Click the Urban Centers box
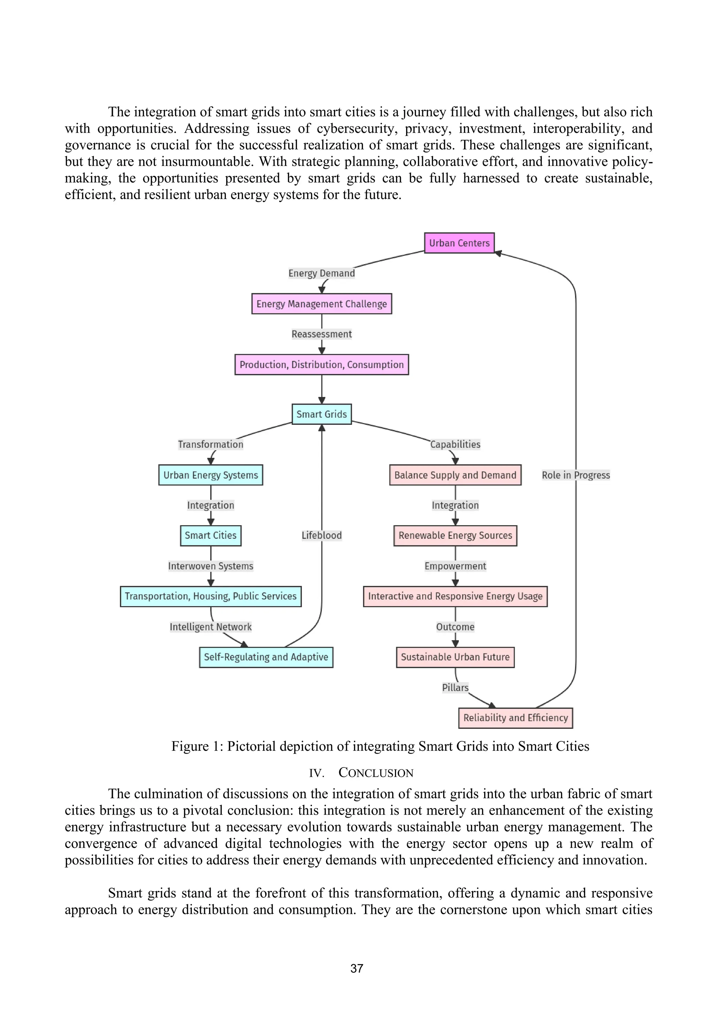tap(459, 243)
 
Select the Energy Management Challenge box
tap(321, 304)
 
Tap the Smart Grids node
tap(321, 414)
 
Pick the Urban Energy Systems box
tap(211, 475)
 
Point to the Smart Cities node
tap(211, 535)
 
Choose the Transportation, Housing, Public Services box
tap(211, 596)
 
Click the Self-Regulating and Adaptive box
tap(266, 657)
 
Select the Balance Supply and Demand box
tap(455, 475)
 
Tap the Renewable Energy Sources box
tap(455, 535)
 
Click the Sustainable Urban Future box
tap(455, 657)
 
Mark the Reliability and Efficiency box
tap(515, 718)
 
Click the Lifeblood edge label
tap(321, 535)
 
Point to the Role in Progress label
tap(576, 475)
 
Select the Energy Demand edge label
tap(321, 273)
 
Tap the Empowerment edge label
tap(455, 566)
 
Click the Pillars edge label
tap(455, 687)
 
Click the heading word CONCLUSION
tap(376, 773)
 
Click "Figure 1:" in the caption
tap(197, 746)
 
